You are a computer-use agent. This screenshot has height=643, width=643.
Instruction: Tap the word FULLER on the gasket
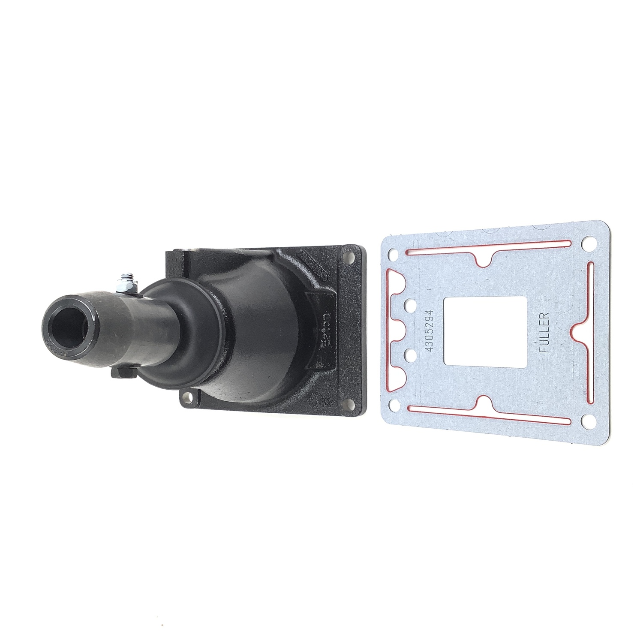click(545, 331)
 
